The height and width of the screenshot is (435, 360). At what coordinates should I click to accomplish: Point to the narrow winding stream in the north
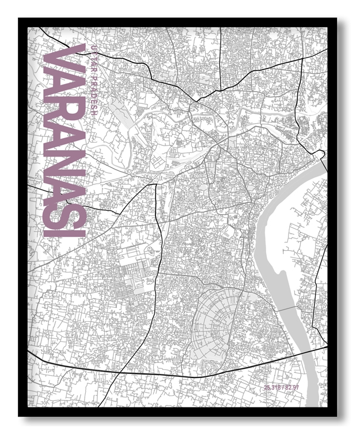pos(219,115)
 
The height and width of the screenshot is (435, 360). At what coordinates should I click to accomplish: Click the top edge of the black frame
pos(179,22)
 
